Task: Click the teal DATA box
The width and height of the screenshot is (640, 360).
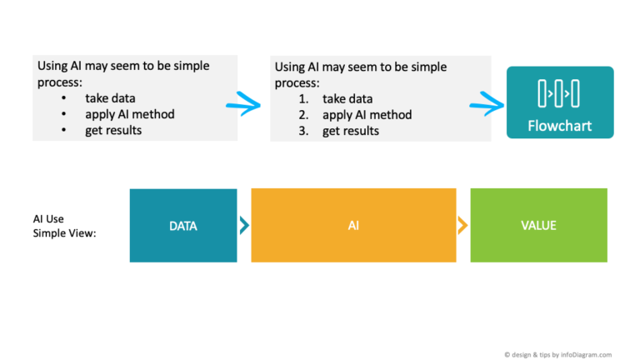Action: (x=182, y=226)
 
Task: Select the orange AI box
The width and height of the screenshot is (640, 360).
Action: (x=353, y=226)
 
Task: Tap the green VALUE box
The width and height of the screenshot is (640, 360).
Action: (x=538, y=226)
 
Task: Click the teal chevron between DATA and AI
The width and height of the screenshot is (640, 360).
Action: (x=243, y=226)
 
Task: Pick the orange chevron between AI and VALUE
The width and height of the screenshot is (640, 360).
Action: (x=462, y=226)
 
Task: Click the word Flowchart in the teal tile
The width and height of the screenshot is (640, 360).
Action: (x=559, y=127)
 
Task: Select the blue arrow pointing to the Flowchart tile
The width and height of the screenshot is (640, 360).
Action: (x=487, y=104)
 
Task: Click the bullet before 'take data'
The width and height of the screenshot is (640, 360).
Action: (x=64, y=98)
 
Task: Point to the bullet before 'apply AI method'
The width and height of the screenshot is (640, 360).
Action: (x=64, y=114)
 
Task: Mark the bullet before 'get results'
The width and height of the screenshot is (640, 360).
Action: (x=64, y=130)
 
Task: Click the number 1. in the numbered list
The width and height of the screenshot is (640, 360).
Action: (x=304, y=99)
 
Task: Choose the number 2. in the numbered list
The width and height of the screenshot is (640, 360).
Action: (x=304, y=115)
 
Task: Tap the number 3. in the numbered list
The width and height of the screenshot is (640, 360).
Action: (x=304, y=131)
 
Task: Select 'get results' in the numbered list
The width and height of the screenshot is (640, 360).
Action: (x=351, y=131)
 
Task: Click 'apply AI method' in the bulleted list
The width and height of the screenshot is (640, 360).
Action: (x=129, y=114)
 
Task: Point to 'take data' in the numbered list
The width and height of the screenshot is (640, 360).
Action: (x=347, y=99)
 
